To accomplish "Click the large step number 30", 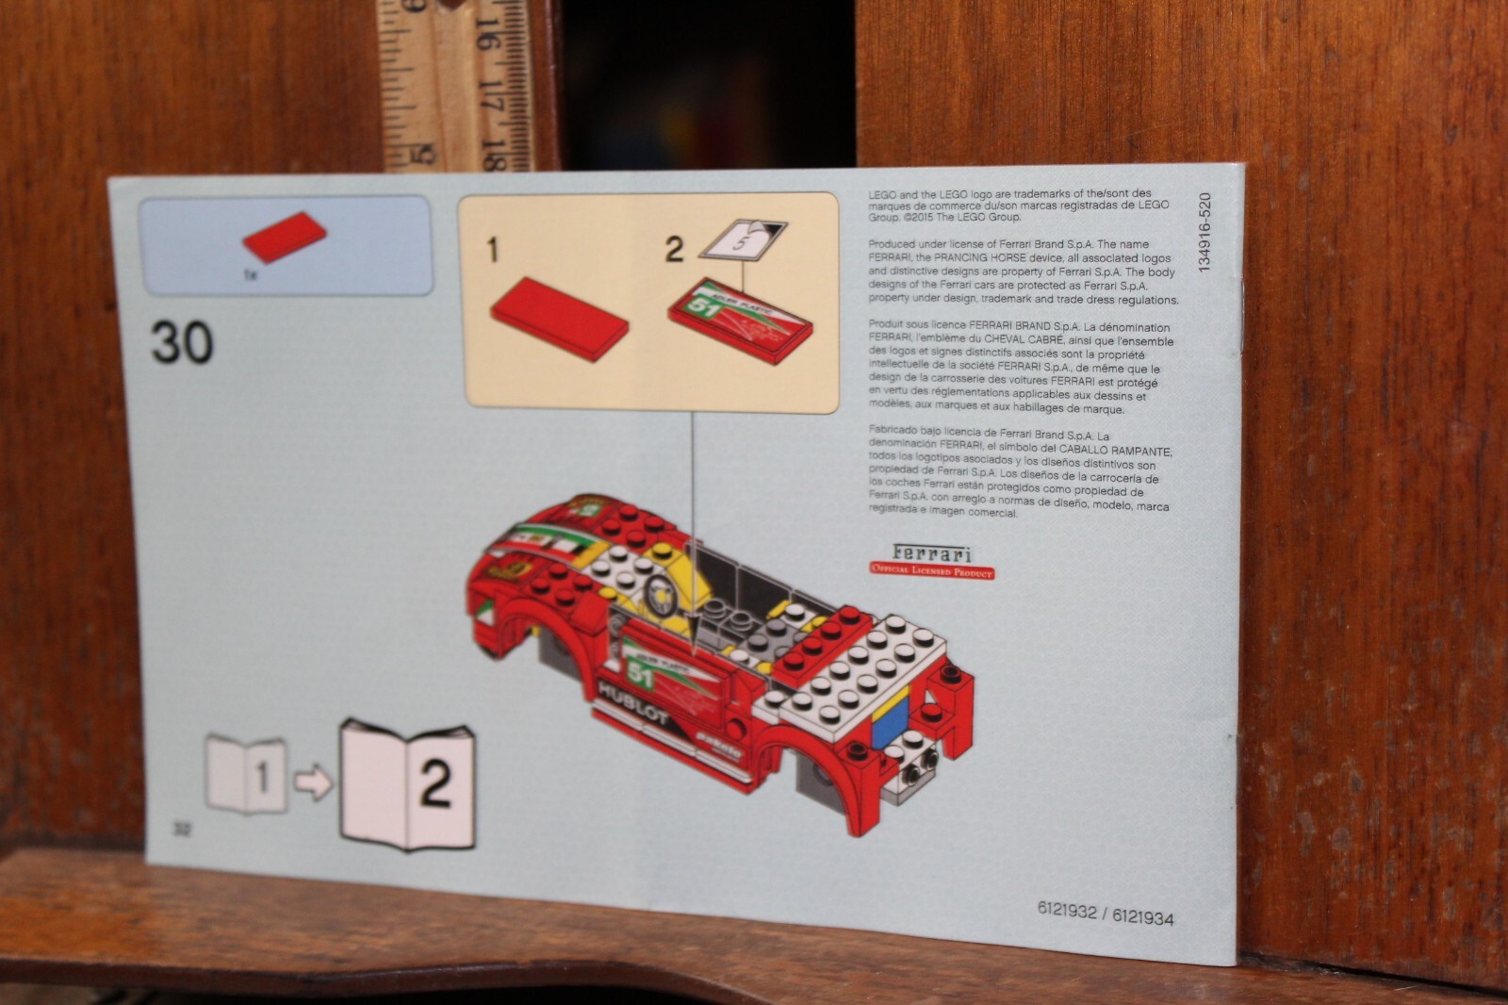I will (x=183, y=343).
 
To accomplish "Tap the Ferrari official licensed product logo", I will (x=931, y=561).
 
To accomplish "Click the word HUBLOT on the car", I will (x=633, y=704).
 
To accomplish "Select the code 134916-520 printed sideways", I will (x=1204, y=233).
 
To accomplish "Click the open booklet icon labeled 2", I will (x=407, y=783).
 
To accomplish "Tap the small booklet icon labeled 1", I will (x=246, y=775).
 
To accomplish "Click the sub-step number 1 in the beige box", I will (x=492, y=250).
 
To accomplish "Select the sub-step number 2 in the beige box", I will (x=674, y=250).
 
